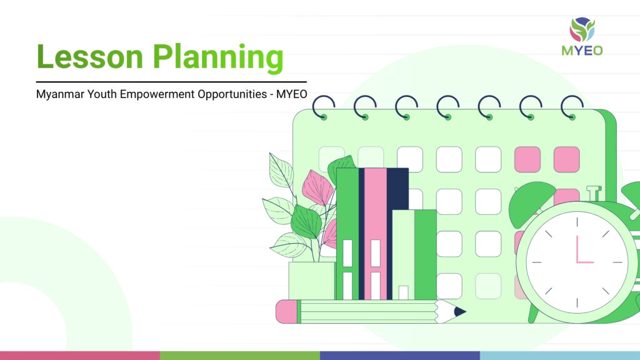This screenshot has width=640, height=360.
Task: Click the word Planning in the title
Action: coord(218,58)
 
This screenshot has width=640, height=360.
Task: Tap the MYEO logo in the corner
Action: coord(582,36)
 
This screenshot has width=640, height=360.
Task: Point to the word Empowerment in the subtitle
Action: coord(157,94)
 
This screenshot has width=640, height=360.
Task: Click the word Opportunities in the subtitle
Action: coord(232,94)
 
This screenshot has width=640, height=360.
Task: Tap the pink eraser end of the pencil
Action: coord(286,312)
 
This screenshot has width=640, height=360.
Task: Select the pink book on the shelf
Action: coord(376,234)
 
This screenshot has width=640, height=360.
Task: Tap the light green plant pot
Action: coord(312,281)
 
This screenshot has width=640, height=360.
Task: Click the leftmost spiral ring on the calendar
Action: coord(324,107)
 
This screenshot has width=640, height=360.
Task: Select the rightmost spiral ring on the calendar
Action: coord(572,107)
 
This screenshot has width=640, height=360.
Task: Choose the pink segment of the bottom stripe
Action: coord(80,356)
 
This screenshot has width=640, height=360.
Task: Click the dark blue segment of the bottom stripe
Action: coord(400,356)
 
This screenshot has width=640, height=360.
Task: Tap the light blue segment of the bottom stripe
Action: coord(560,356)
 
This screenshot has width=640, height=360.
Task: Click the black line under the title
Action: coord(171,82)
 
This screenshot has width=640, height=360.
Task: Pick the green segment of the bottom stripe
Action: coord(240,356)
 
